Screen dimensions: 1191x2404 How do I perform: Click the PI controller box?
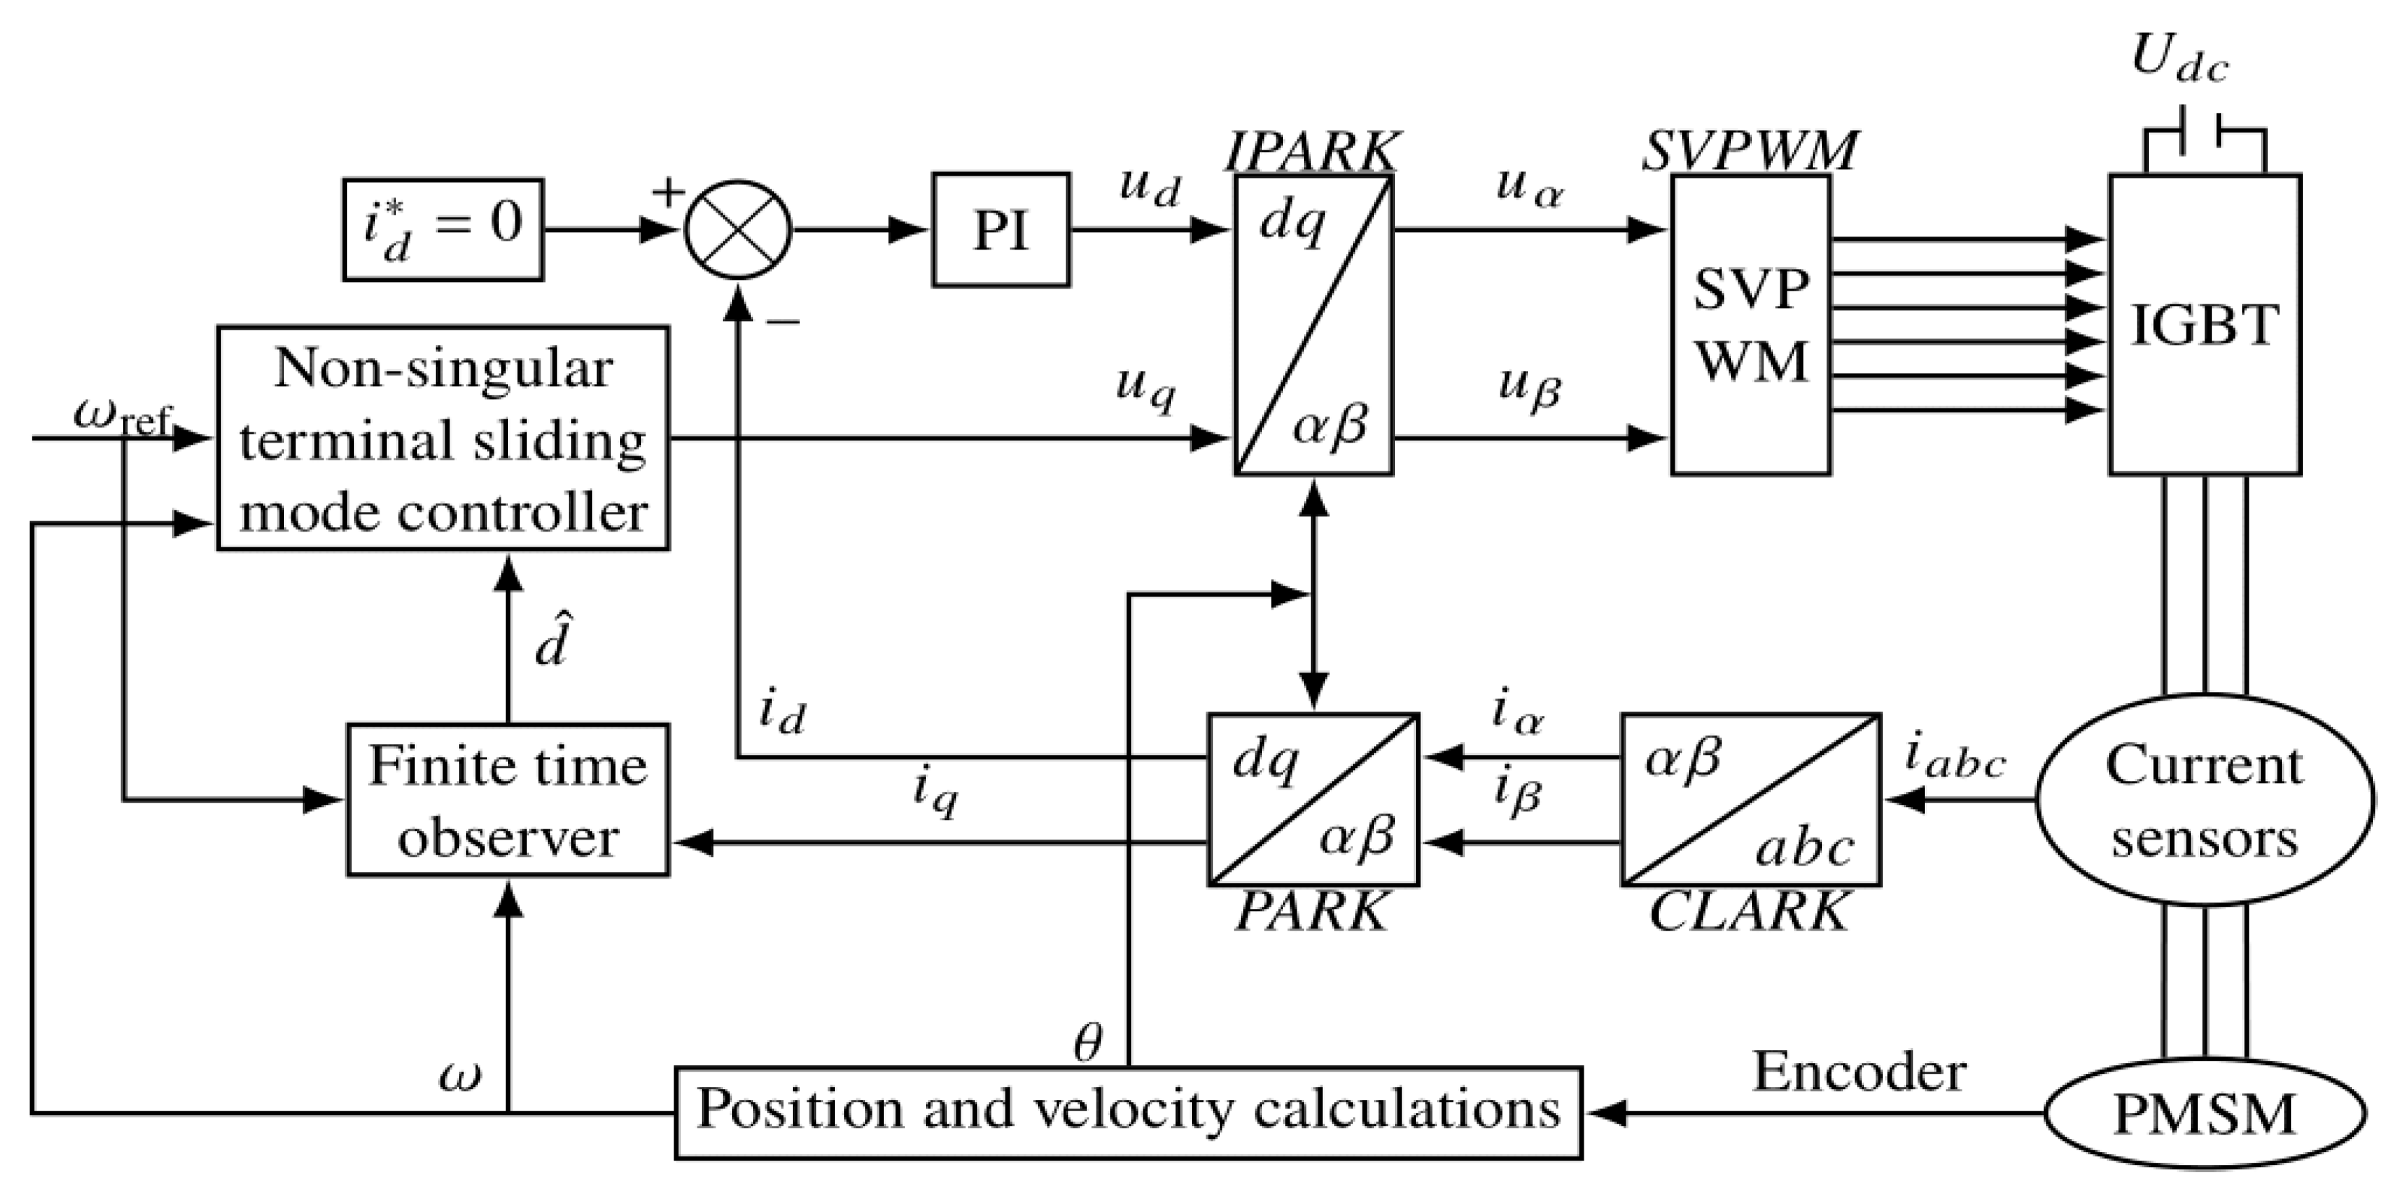[x=1000, y=230]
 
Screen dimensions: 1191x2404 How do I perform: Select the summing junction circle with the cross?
[x=737, y=230]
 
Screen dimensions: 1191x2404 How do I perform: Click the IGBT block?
[x=2205, y=324]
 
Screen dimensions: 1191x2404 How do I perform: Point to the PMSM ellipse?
[x=2205, y=1114]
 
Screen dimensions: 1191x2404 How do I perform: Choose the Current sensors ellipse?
[x=2205, y=800]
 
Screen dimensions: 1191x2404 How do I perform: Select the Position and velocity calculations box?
[x=1128, y=1111]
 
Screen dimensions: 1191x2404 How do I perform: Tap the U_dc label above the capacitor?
[x=2180, y=61]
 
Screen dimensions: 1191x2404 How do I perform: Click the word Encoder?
[x=1859, y=1072]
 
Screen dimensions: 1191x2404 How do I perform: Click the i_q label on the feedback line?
[x=935, y=796]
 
